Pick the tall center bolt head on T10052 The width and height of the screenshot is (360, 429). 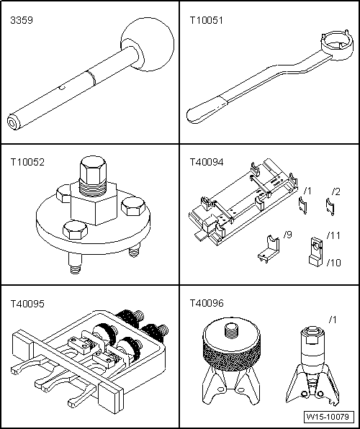93,173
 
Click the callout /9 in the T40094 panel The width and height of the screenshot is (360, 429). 289,235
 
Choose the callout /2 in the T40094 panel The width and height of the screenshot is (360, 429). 335,191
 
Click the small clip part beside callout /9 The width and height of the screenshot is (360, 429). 268,246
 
